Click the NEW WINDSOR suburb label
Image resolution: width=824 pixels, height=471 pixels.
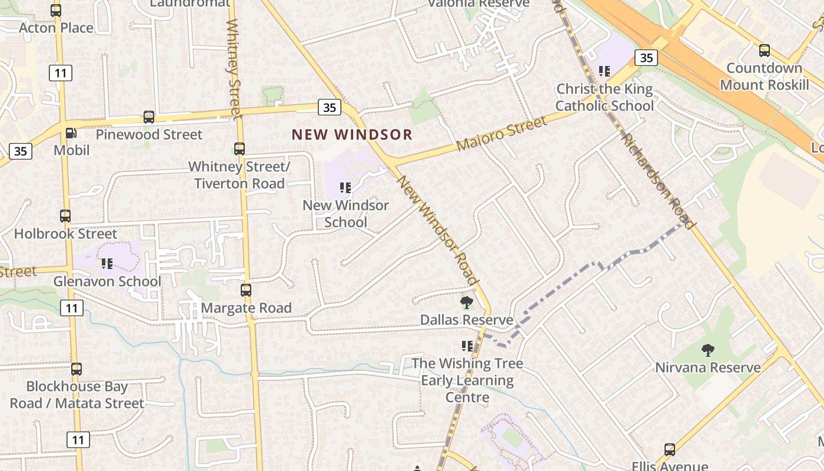(352, 134)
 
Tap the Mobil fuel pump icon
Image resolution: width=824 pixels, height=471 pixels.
(70, 134)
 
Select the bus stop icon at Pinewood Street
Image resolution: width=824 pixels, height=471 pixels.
(149, 117)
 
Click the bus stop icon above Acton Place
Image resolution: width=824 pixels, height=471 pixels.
(56, 11)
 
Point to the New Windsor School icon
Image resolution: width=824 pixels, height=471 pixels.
(345, 188)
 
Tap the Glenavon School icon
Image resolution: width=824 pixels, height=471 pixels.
(107, 264)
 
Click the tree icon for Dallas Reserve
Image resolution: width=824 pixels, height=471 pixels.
(466, 303)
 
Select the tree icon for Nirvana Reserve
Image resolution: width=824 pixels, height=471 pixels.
(707, 350)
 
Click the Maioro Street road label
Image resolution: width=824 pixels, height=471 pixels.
(501, 134)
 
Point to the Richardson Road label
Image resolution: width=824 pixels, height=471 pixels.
(659, 181)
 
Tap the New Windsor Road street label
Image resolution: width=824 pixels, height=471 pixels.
(438, 230)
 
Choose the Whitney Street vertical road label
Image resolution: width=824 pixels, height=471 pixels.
(234, 68)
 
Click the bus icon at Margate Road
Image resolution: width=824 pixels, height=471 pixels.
(246, 290)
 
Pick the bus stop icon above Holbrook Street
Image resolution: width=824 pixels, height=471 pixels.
(65, 216)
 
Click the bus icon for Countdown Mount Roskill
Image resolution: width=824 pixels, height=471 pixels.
(764, 51)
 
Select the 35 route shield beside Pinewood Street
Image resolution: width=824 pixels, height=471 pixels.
(330, 107)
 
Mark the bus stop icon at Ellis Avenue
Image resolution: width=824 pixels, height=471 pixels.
(669, 450)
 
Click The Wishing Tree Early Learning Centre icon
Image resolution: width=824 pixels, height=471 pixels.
(467, 346)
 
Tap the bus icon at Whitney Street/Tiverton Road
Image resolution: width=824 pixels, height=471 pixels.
(240, 149)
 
